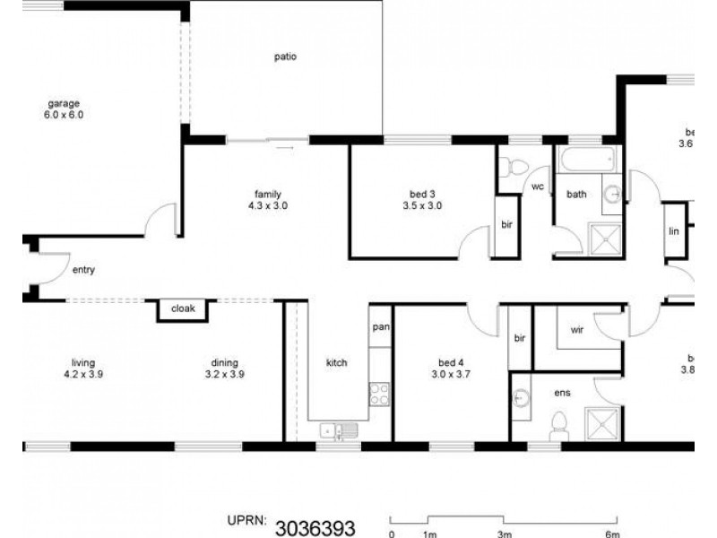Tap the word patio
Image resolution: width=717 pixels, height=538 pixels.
coord(285,57)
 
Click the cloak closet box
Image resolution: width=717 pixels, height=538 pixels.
coord(183,309)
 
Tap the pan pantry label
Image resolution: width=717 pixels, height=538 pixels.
coord(380,327)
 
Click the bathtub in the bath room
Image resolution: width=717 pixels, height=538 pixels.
coord(588,162)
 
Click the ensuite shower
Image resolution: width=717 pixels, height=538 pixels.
coord(603,423)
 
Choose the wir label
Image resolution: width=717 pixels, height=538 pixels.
coord(577,330)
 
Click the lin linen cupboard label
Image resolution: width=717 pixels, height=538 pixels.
coord(675,230)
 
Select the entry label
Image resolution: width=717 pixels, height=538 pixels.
coord(83,269)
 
